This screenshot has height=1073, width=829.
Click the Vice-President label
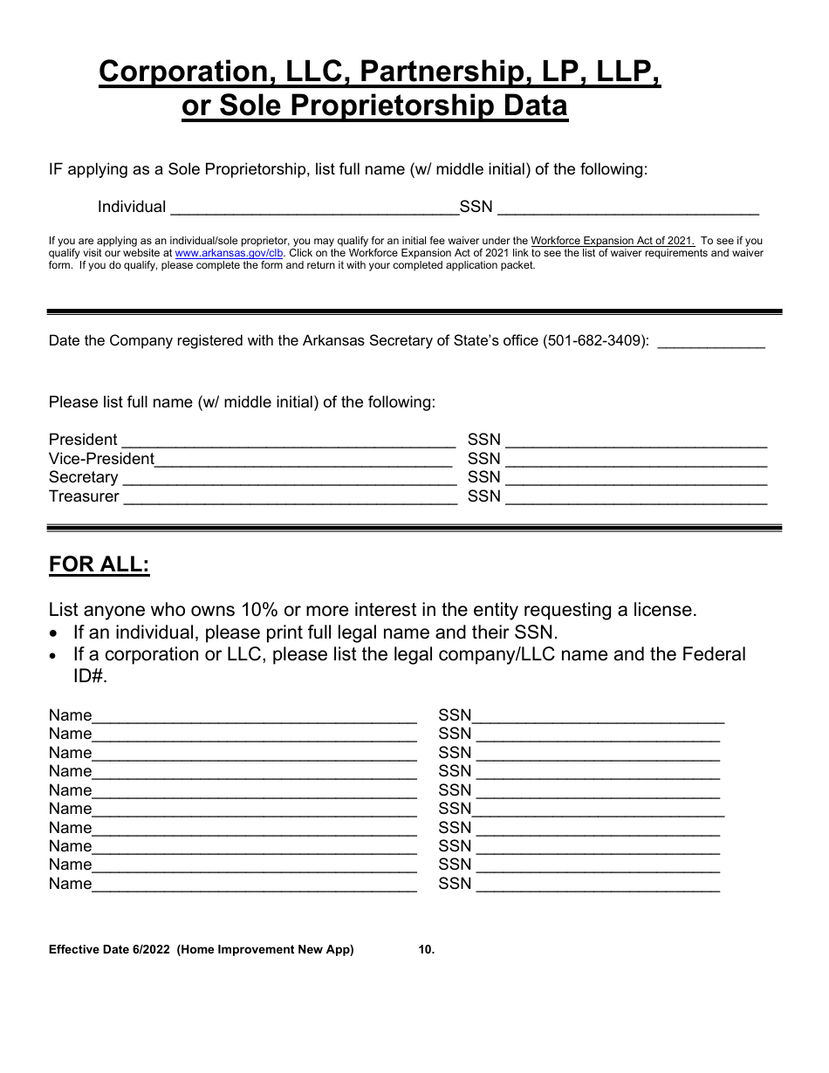click(x=101, y=459)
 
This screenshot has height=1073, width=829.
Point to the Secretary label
click(x=83, y=477)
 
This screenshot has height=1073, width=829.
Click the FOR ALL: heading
click(x=99, y=564)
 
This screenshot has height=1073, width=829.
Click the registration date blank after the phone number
click(x=710, y=343)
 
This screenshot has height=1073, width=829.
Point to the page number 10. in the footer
click(x=426, y=950)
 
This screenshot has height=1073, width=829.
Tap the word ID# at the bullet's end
click(x=90, y=676)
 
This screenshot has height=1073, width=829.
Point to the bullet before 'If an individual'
click(x=56, y=633)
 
